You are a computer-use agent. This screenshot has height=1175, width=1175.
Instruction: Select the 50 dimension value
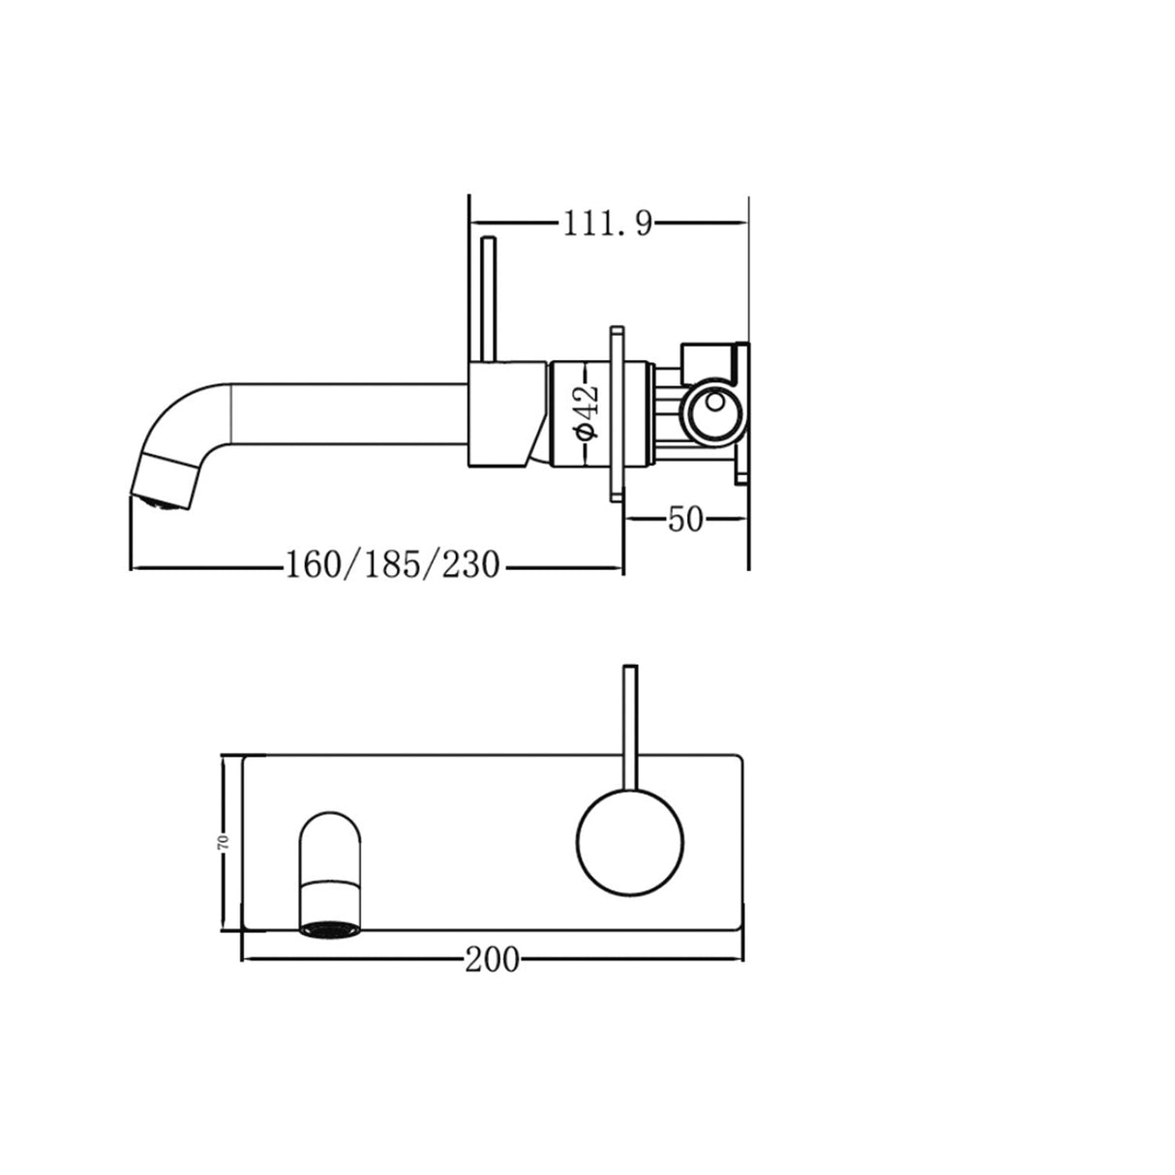click(x=684, y=520)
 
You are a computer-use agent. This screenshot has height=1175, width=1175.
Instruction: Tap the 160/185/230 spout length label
click(x=391, y=564)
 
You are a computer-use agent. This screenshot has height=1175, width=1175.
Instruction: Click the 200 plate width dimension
click(x=491, y=960)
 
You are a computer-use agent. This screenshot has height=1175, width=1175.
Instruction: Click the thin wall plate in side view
click(x=617, y=413)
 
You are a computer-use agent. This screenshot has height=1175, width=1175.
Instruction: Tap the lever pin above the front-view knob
click(x=630, y=726)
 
